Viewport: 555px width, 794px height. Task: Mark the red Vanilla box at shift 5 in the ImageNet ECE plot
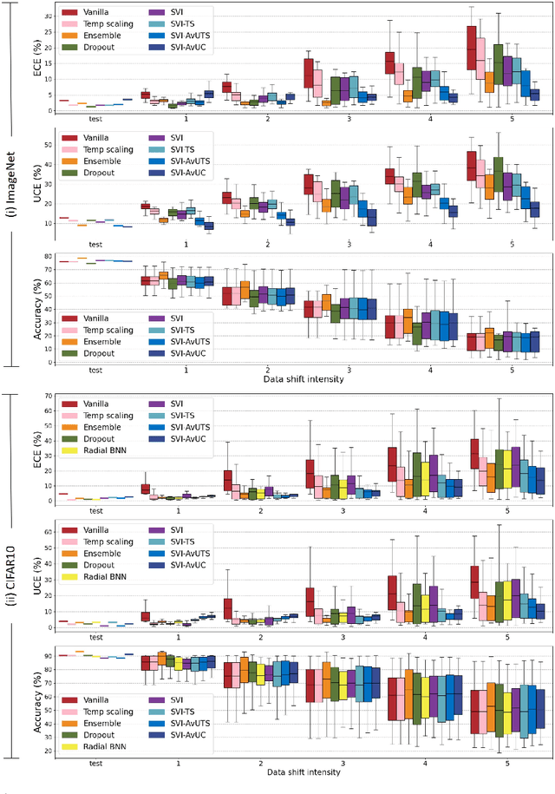pos(472,48)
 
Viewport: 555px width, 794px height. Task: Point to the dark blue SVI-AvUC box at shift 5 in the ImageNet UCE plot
pos(535,209)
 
